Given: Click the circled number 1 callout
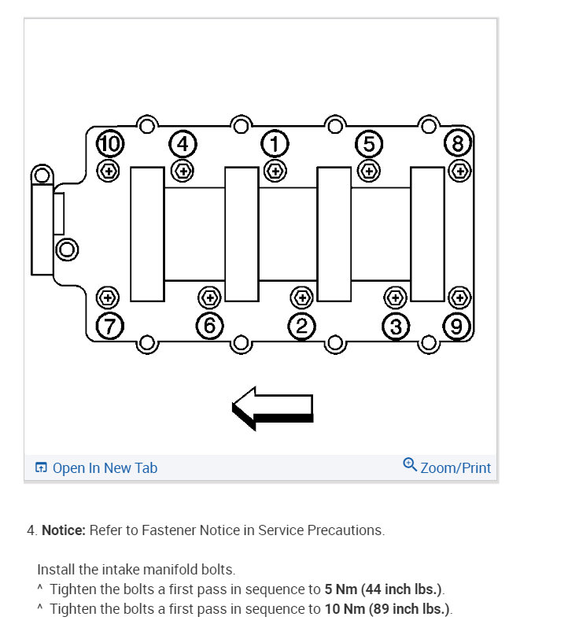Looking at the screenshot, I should (275, 144).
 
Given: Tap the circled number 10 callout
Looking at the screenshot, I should (110, 144).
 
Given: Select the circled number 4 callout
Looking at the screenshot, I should (183, 144).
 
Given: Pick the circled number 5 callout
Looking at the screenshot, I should (368, 144).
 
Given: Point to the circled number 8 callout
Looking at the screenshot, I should (458, 144).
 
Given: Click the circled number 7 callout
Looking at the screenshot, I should (110, 325).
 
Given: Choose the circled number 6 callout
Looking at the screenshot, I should (209, 325).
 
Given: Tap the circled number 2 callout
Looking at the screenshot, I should (301, 325).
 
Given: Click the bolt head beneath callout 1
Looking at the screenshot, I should (275, 169).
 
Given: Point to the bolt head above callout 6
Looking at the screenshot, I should (209, 297).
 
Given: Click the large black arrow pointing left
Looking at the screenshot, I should (273, 408).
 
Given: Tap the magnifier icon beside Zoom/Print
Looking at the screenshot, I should (410, 464).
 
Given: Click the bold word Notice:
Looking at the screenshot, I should (63, 530).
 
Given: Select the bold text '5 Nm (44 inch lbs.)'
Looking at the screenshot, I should (384, 589).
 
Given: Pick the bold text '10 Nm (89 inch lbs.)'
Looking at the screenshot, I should (389, 609).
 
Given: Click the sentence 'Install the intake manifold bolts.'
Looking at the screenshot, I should (136, 569).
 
